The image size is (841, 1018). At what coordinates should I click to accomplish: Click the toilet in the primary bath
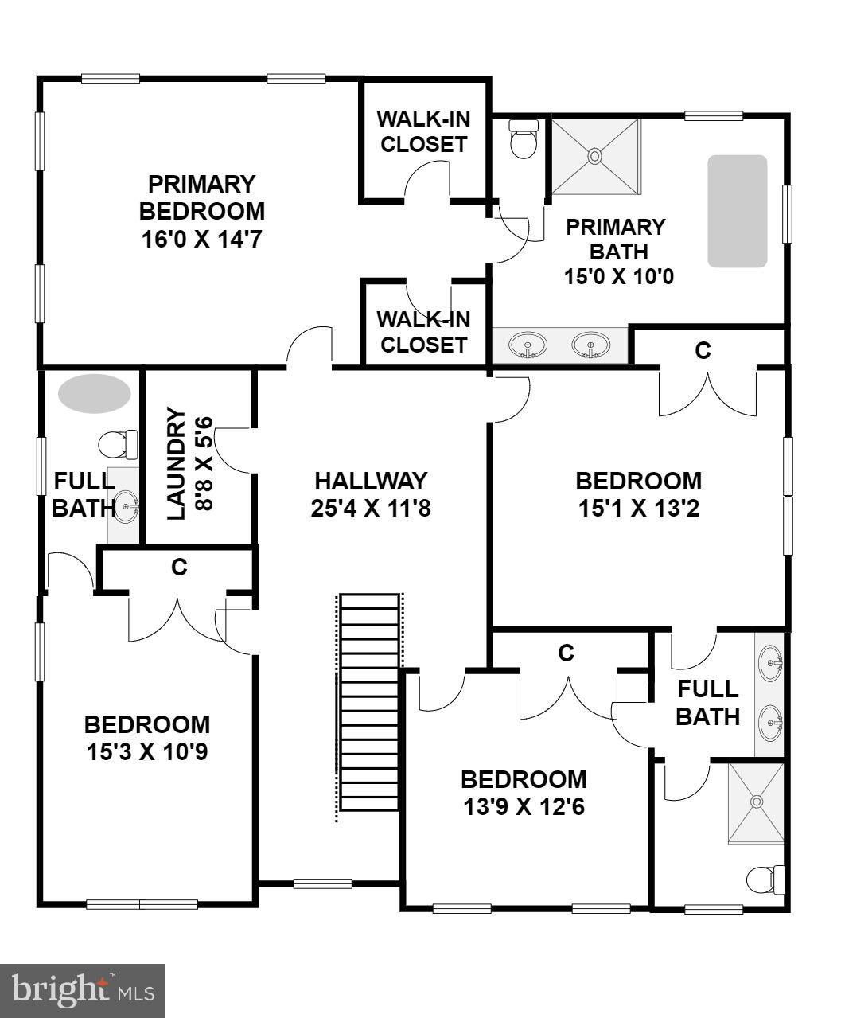click(x=523, y=139)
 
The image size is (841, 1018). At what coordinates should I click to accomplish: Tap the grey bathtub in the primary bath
click(x=738, y=211)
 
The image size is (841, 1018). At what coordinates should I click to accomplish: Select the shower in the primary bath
click(x=595, y=156)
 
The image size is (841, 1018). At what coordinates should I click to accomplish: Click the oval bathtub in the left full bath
click(x=94, y=393)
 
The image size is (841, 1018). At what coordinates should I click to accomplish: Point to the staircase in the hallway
click(x=368, y=702)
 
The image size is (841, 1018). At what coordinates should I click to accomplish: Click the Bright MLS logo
click(x=83, y=991)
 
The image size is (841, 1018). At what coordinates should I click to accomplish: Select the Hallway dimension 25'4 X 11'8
click(x=371, y=508)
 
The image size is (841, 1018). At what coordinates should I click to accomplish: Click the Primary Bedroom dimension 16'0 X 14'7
click(x=201, y=239)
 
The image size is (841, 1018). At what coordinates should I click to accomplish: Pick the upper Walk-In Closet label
click(x=422, y=132)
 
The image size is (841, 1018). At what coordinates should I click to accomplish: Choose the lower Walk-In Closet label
click(x=422, y=333)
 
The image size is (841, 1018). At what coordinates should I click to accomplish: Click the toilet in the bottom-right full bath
click(x=765, y=880)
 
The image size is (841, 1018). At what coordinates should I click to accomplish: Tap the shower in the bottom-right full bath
click(x=756, y=802)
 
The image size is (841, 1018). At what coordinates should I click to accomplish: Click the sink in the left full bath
click(x=125, y=505)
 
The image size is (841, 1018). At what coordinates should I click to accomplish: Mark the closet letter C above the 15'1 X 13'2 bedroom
click(x=703, y=350)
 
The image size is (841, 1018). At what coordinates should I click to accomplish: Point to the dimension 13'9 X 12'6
click(x=524, y=807)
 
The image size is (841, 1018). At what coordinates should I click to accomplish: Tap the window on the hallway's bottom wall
click(x=322, y=883)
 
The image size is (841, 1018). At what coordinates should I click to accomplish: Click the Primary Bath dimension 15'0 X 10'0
click(x=615, y=278)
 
